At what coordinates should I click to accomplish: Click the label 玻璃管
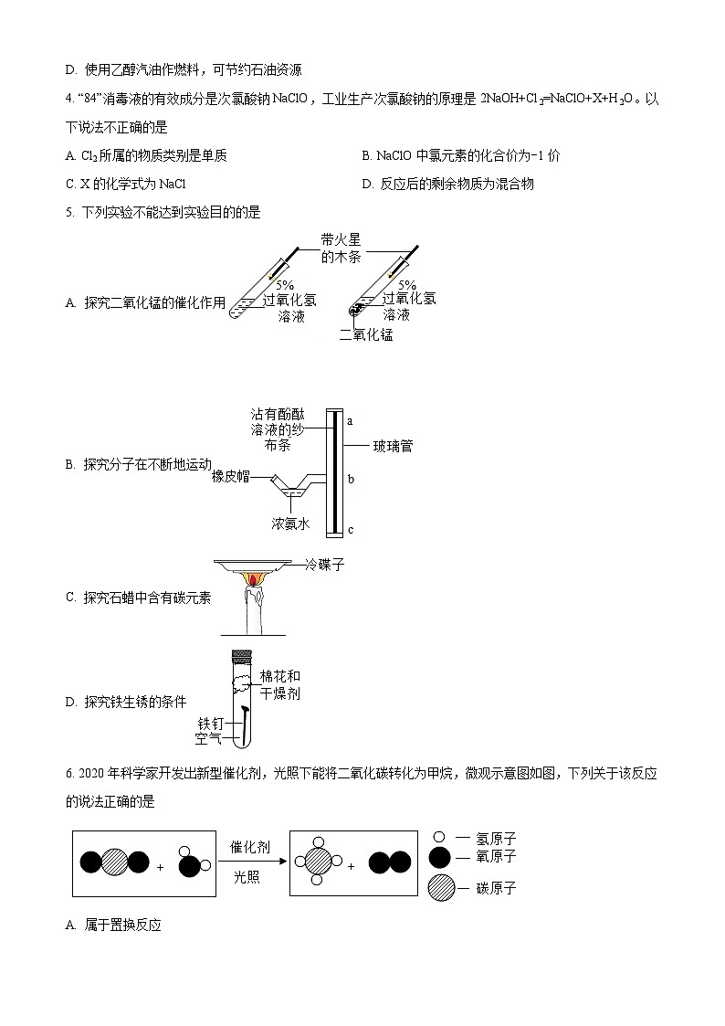(x=393, y=446)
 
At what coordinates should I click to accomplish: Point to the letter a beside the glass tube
(x=350, y=421)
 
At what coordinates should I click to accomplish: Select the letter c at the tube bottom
(x=350, y=530)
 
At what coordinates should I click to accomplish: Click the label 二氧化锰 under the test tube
(x=365, y=334)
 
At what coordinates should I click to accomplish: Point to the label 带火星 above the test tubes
(x=341, y=239)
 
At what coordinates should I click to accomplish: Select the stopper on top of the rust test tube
(x=242, y=654)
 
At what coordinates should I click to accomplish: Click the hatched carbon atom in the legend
(x=441, y=887)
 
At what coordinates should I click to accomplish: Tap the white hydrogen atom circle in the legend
(x=439, y=837)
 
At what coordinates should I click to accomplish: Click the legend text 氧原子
(x=496, y=856)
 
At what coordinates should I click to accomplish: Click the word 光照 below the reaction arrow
(x=247, y=876)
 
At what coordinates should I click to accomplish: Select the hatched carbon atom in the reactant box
(x=114, y=862)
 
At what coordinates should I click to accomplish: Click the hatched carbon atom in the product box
(x=318, y=862)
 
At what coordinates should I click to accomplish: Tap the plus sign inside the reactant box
(x=160, y=866)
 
